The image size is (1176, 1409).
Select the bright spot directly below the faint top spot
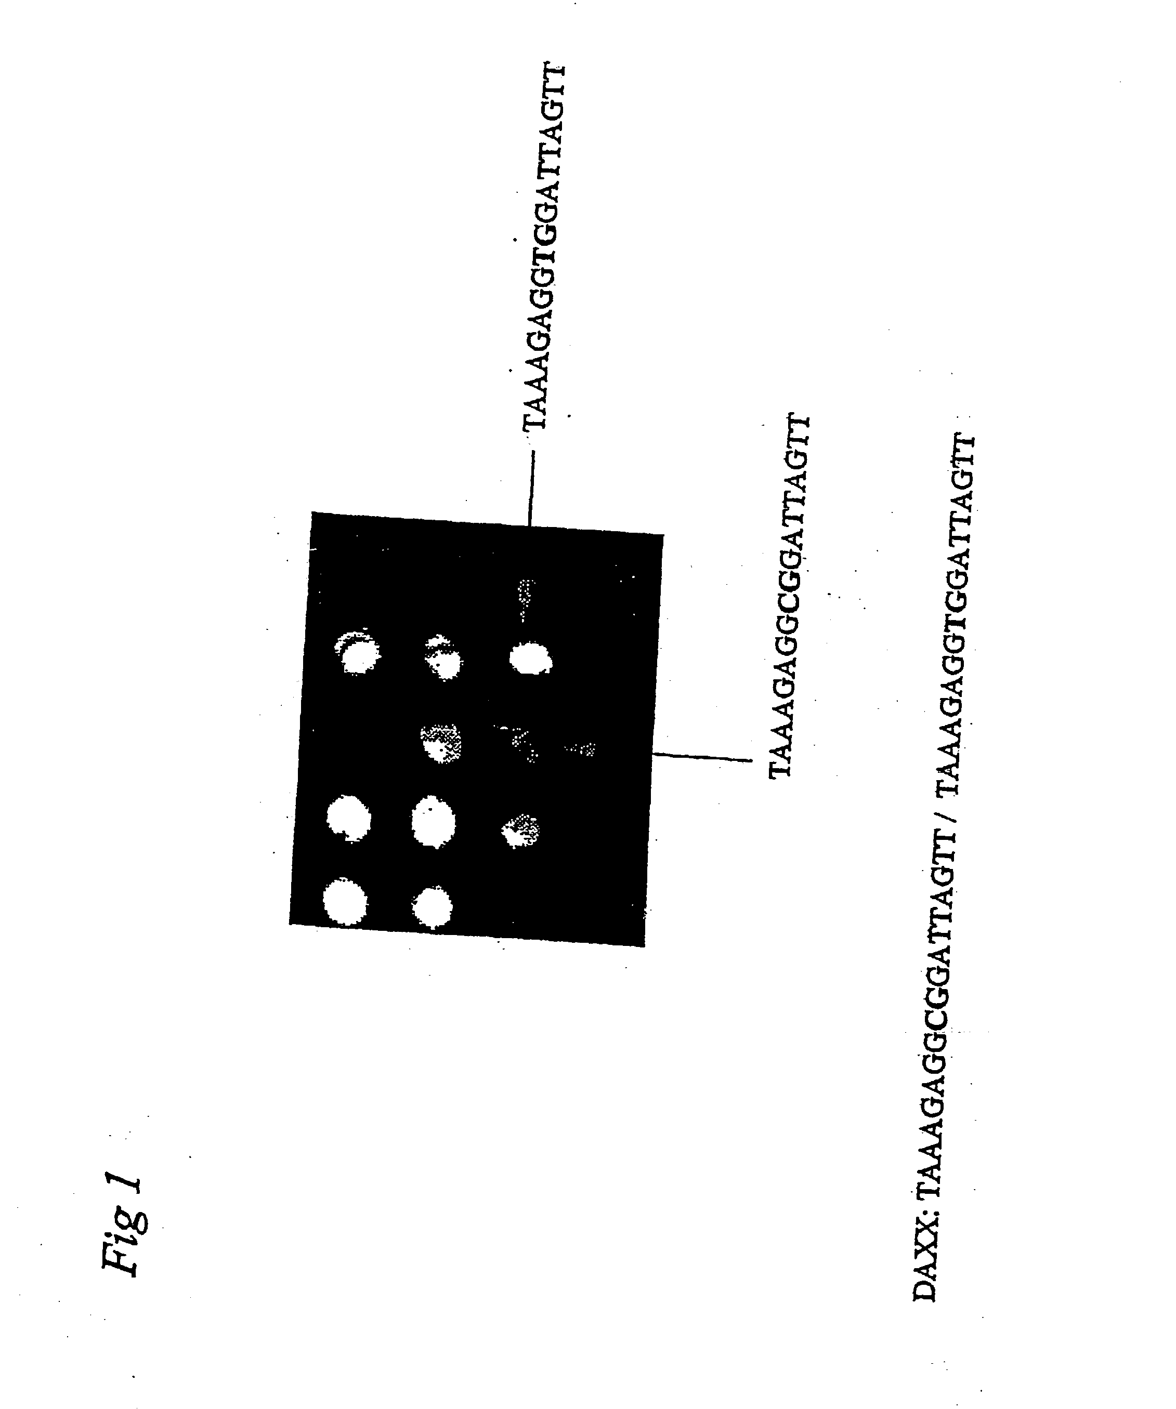tap(530, 659)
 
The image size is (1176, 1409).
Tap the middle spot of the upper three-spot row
tap(443, 657)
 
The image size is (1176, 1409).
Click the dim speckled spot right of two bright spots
tap(521, 831)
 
